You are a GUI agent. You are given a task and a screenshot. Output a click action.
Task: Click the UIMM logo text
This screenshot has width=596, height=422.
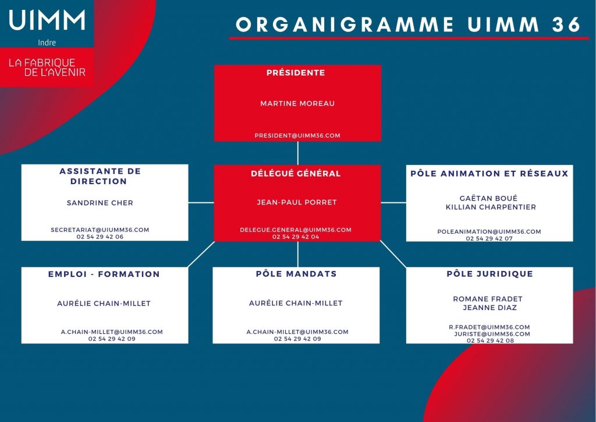point(47,20)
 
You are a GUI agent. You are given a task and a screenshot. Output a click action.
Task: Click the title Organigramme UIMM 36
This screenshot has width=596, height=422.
point(408,24)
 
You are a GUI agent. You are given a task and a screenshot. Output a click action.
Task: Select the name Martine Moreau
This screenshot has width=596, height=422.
point(297,104)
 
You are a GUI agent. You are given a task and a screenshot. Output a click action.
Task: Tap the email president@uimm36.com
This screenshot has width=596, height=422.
point(297,135)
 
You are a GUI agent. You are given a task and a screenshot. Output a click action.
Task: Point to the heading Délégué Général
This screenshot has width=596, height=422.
point(296,174)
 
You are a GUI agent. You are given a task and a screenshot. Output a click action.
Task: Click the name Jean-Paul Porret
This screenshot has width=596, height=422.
point(297,202)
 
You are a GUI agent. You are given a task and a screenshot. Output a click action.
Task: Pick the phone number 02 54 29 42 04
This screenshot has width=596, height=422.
point(296,237)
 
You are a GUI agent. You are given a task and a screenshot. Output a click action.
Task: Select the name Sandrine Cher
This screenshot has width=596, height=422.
point(100,203)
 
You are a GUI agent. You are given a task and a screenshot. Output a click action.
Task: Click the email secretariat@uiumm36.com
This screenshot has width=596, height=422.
point(100,230)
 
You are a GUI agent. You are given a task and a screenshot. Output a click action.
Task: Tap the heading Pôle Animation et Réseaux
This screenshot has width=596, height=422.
point(489,174)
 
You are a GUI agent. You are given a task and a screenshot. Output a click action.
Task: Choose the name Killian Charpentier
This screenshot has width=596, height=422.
point(491,207)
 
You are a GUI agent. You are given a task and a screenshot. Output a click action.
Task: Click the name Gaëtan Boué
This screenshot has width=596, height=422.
point(488,198)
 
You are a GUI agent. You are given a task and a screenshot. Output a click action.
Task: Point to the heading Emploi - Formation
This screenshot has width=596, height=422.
point(104,274)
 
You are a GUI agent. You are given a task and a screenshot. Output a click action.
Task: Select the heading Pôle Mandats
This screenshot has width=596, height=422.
point(296,273)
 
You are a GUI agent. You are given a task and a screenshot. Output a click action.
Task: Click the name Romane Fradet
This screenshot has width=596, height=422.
point(488,299)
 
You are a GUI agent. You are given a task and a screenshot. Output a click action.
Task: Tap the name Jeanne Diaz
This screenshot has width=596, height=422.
point(490,308)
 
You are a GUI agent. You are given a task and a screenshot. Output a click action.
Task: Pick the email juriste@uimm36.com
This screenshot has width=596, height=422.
point(492,334)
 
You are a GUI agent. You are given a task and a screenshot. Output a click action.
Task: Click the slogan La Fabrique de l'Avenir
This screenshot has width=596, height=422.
point(47,68)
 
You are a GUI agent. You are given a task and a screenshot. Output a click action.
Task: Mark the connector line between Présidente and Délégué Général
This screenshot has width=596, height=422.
point(297,153)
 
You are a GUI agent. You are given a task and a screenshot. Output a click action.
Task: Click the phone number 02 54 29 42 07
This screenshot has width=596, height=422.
point(489,238)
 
